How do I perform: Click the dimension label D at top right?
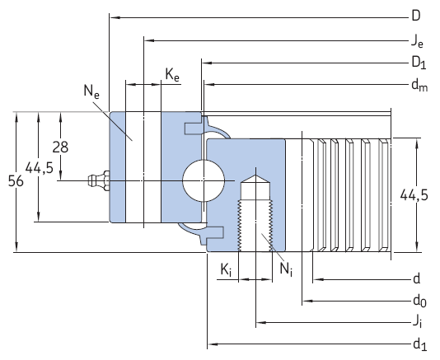click(417, 16)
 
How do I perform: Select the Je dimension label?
click(417, 39)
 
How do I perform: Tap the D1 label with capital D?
click(418, 62)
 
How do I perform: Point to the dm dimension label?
click(419, 84)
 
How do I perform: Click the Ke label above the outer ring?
click(172, 75)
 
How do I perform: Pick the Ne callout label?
click(91, 92)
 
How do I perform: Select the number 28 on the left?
click(60, 147)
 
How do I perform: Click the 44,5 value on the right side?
click(414, 194)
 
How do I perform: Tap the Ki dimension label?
click(225, 269)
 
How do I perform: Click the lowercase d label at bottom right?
click(417, 278)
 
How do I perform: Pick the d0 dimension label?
click(419, 300)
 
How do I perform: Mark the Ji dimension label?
click(418, 322)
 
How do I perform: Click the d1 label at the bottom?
click(419, 344)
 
